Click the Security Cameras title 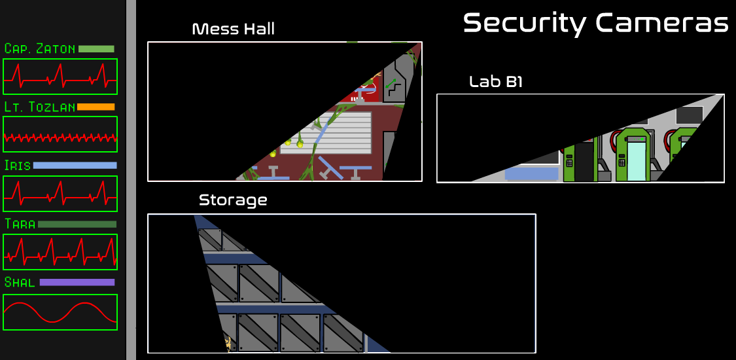click(595, 23)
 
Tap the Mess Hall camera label click(233, 29)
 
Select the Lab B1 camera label click(495, 82)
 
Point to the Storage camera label click(233, 200)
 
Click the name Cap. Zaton click(39, 49)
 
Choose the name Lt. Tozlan click(39, 107)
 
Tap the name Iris click(18, 166)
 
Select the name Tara click(20, 224)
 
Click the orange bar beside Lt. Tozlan click(96, 107)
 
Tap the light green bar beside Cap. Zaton click(96, 49)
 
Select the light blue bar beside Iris click(75, 166)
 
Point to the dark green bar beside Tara click(77, 224)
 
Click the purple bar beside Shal click(77, 283)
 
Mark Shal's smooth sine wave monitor click(60, 312)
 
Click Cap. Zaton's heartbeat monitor click(60, 77)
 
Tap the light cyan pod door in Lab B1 click(636, 161)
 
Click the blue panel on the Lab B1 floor click(531, 173)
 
